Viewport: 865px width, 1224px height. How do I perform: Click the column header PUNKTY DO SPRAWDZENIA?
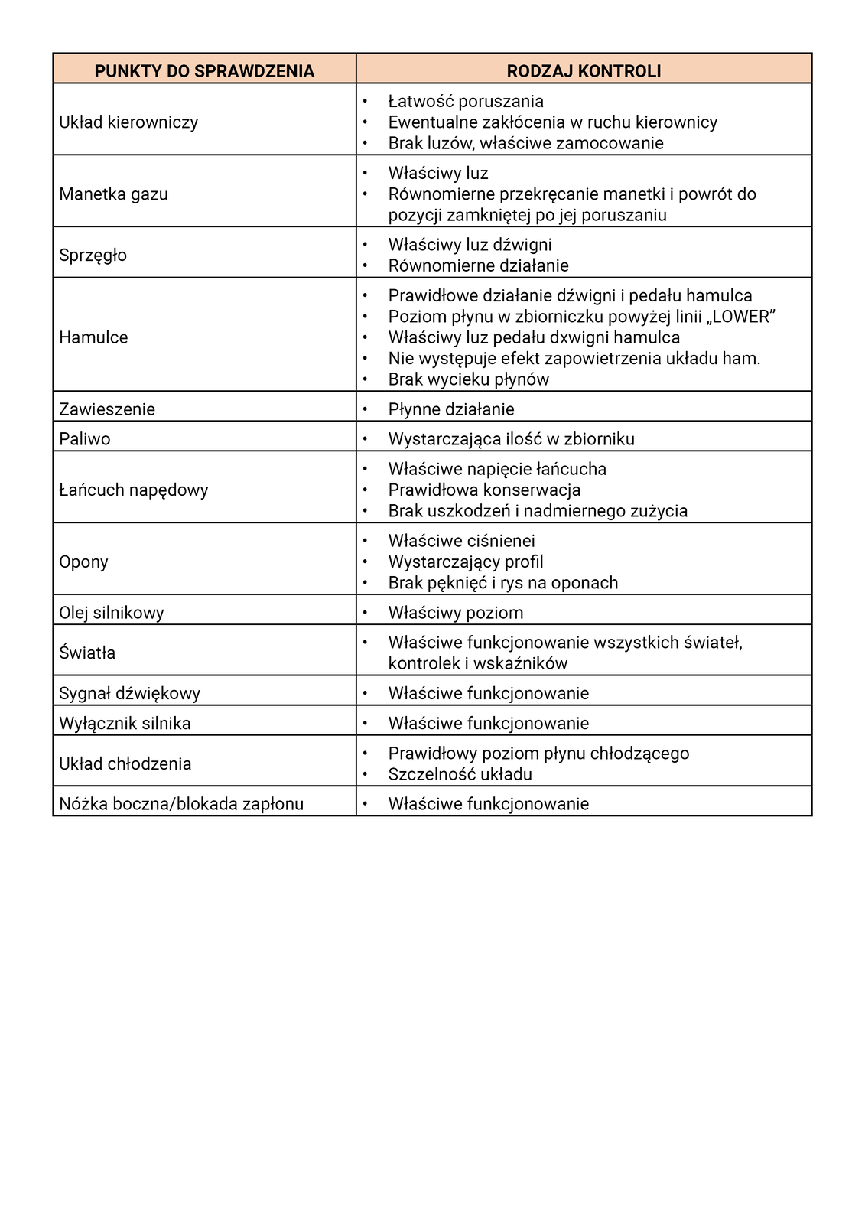click(204, 71)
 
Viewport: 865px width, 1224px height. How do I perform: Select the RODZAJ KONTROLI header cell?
click(584, 71)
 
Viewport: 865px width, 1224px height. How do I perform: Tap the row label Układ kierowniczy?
click(128, 122)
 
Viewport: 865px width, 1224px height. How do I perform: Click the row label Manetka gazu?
click(113, 194)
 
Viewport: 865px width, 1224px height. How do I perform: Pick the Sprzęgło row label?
click(93, 255)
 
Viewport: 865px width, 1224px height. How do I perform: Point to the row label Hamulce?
click(93, 337)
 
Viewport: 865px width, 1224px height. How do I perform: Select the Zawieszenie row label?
click(107, 409)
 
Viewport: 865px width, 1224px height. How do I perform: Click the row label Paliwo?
click(85, 439)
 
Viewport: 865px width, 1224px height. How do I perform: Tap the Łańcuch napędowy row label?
click(133, 490)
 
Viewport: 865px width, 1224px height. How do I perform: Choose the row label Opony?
click(83, 562)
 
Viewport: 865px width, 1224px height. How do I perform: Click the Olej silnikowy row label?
click(112, 613)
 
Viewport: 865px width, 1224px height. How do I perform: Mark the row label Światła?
click(87, 653)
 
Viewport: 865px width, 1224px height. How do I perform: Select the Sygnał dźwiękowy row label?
click(129, 694)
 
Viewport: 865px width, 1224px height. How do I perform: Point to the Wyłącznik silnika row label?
click(125, 724)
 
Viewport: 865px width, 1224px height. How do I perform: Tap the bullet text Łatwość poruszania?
click(466, 101)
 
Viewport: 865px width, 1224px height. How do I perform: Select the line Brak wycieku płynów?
click(468, 379)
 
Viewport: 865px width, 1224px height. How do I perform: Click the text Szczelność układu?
click(460, 774)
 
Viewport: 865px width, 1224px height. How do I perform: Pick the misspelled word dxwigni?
click(577, 337)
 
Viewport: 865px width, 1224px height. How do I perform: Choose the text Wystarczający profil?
click(466, 562)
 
